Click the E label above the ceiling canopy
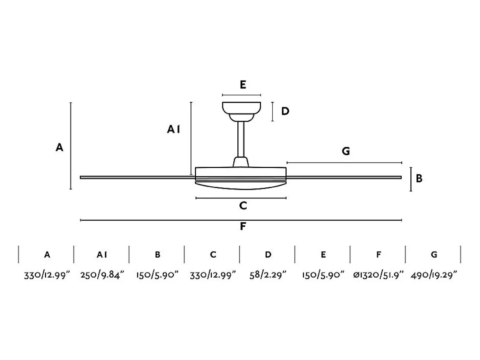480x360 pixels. [x=243, y=84]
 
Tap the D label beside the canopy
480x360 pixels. [x=285, y=111]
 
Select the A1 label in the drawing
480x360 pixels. [x=173, y=129]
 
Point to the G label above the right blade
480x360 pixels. [x=346, y=151]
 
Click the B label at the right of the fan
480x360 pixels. [x=419, y=179]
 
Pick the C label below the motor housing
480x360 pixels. [x=243, y=206]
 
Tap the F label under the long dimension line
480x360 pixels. [x=243, y=226]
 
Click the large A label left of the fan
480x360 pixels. [x=59, y=147]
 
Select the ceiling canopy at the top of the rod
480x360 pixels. [x=241, y=111]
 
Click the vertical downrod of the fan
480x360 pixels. [x=241, y=139]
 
